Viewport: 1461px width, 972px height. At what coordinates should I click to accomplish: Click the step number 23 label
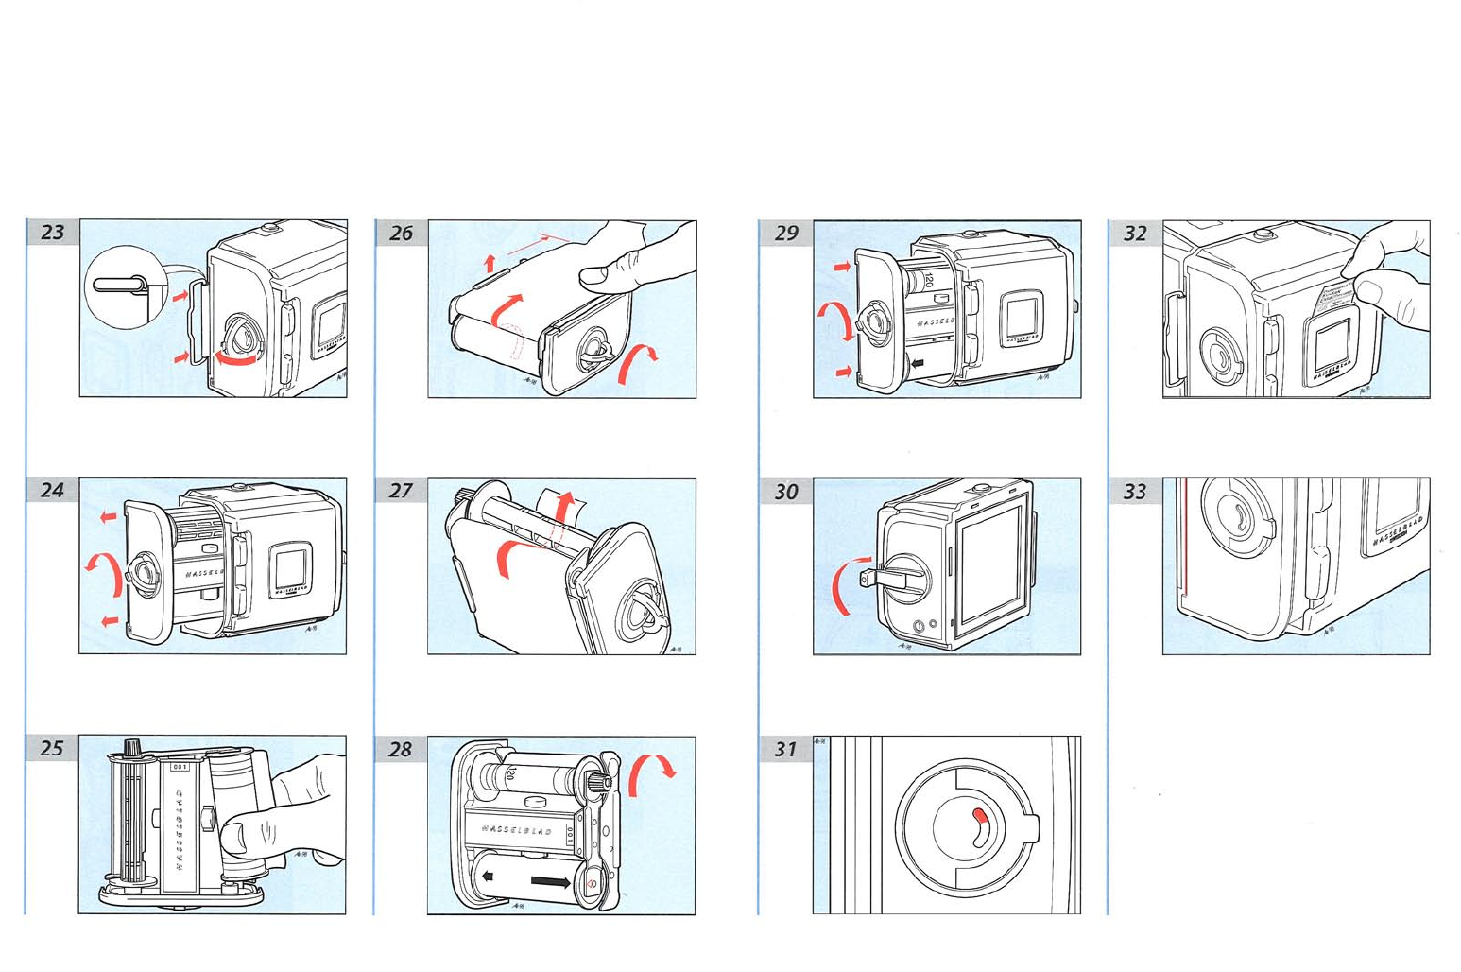tap(53, 233)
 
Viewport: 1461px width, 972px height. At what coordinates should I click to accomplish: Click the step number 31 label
tap(785, 750)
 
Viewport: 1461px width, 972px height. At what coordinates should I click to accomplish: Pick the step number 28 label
tap(401, 750)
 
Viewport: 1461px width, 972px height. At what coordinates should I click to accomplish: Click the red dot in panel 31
tap(980, 814)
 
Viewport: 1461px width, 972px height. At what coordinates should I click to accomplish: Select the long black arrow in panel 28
tap(549, 882)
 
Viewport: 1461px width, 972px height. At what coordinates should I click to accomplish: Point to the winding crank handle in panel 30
tap(884, 572)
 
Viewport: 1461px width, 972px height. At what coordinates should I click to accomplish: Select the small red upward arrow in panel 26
tap(490, 263)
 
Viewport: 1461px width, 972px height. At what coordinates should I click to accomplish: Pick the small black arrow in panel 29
tap(917, 362)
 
